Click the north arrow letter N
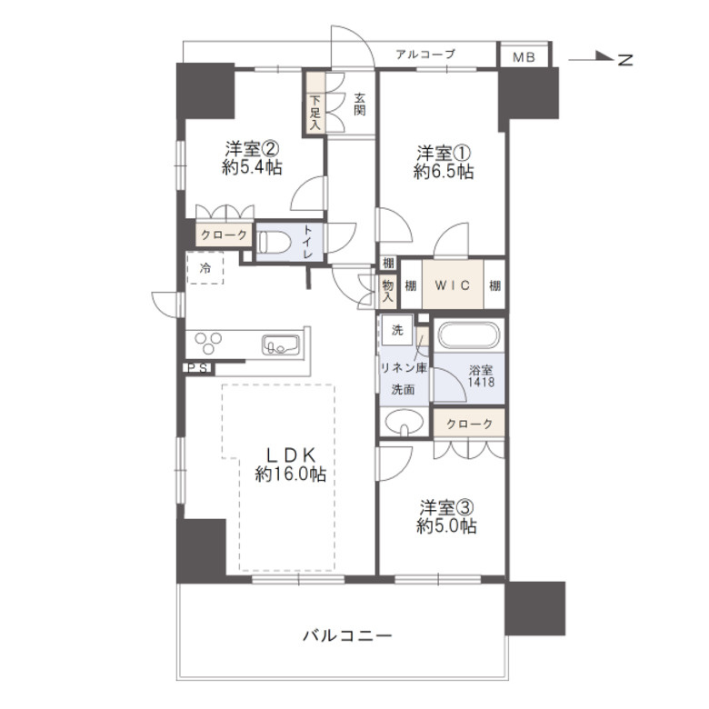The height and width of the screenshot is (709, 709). point(624,60)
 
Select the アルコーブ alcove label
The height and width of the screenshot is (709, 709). point(424,55)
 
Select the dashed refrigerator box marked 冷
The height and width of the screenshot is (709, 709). point(205,268)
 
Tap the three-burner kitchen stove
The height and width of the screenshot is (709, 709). point(207,344)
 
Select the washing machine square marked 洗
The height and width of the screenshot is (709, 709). point(397,330)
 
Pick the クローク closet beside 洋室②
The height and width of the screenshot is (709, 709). point(224,235)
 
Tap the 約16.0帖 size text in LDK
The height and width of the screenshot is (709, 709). point(291,474)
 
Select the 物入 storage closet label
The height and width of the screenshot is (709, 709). point(388,291)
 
